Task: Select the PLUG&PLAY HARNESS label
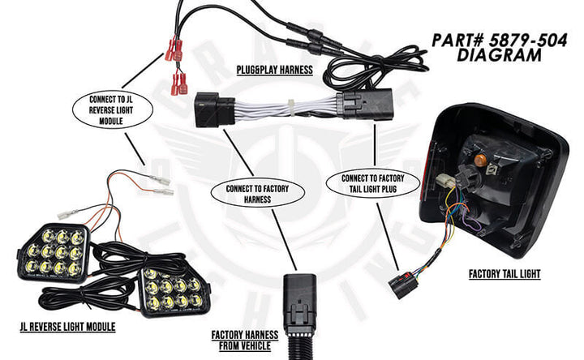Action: point(273,71)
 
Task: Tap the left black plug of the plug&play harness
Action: point(214,109)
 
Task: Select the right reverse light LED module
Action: point(175,290)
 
